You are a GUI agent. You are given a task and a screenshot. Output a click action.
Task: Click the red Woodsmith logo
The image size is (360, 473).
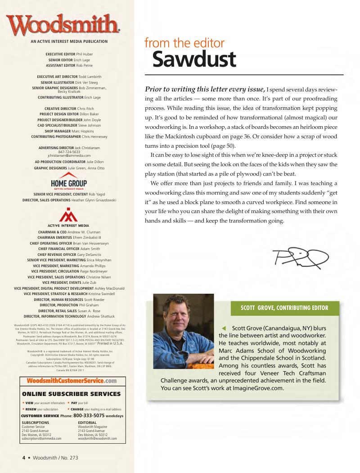(63, 25)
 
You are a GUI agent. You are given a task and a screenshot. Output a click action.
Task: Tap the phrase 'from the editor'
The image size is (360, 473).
(184, 43)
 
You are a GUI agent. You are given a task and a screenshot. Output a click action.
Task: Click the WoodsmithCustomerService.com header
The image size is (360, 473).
(72, 381)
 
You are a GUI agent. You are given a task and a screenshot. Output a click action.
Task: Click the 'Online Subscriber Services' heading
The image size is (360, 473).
(71, 394)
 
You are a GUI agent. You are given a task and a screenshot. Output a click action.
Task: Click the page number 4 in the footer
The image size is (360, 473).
(24, 458)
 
